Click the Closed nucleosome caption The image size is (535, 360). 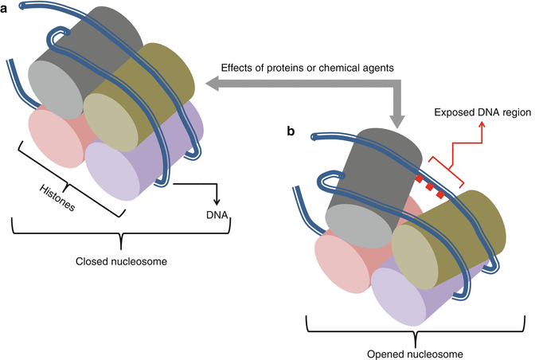[x=119, y=260]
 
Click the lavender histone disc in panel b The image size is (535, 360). [x=404, y=295]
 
